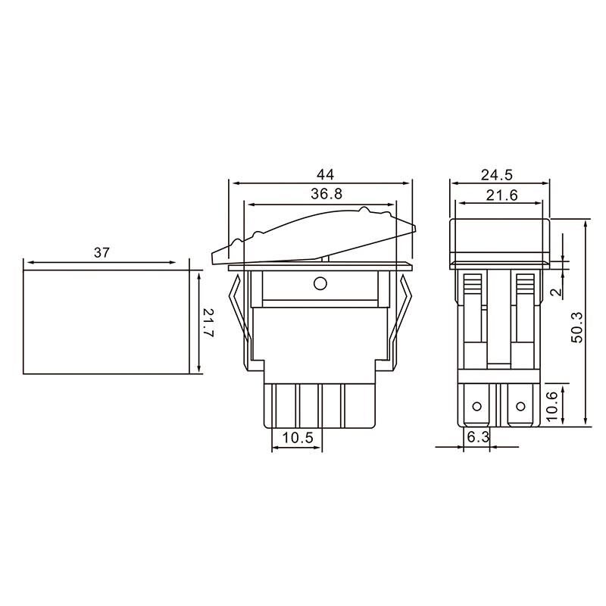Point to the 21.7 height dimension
point(211,323)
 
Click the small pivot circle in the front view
point(319,284)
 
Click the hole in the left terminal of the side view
point(476,407)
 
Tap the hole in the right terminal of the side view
point(520,407)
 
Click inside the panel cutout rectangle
point(106,322)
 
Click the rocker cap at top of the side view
point(499,237)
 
